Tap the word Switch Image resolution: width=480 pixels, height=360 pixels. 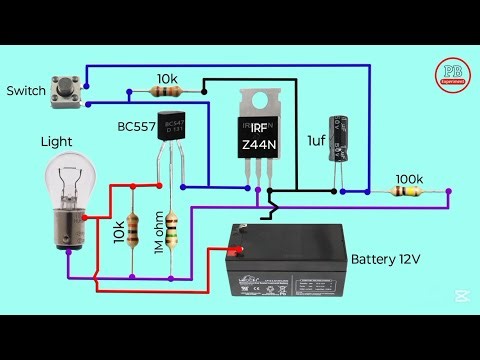(x=26, y=91)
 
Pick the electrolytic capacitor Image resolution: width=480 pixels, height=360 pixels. (x=344, y=136)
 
